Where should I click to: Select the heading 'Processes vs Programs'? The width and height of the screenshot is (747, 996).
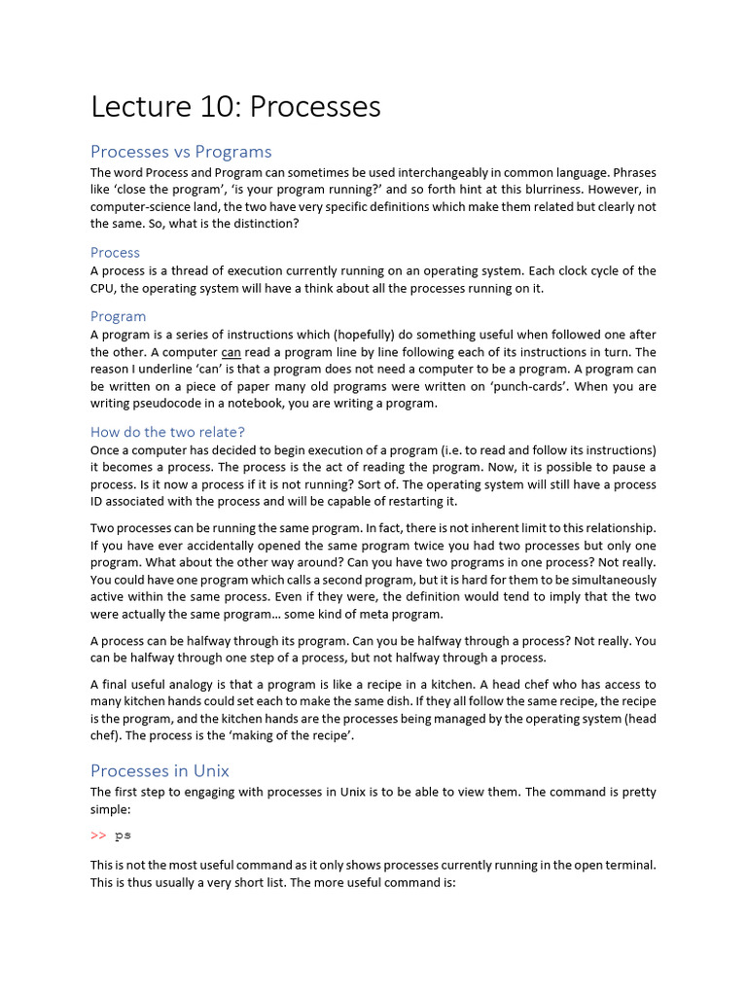point(181,152)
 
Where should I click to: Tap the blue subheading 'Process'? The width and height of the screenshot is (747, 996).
point(115,253)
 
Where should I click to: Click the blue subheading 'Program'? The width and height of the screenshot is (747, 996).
point(118,316)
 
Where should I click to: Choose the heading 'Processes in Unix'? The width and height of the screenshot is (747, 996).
point(160,770)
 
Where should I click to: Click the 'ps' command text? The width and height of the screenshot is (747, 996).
point(123,836)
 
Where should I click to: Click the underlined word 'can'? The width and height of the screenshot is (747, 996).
point(231,352)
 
